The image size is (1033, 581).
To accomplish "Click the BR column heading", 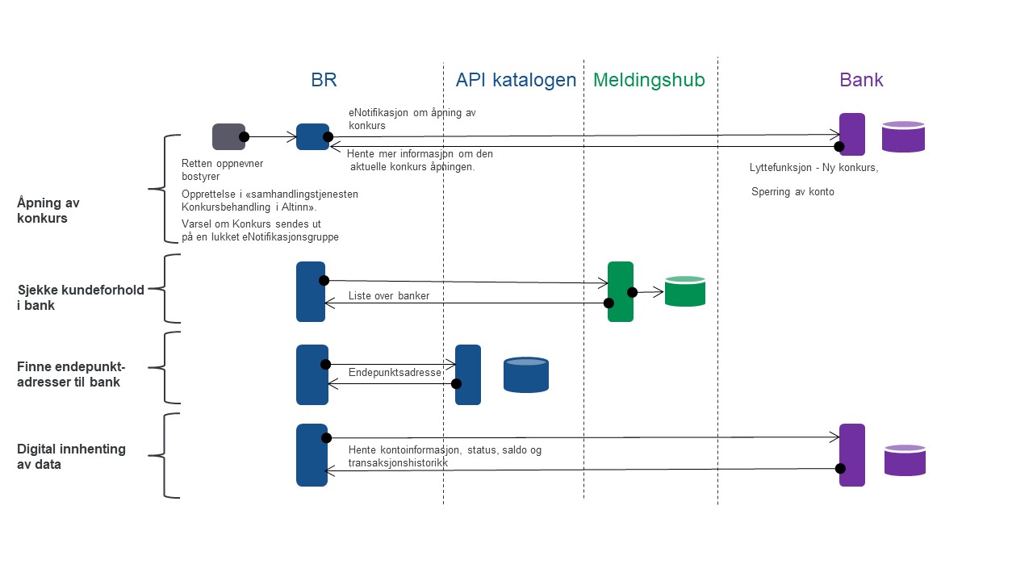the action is pyautogui.click(x=324, y=80).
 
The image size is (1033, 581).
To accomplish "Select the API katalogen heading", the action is pyautogui.click(x=516, y=80).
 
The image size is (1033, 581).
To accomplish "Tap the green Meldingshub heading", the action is pyautogui.click(x=649, y=80).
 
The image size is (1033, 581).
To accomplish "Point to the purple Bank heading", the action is pyautogui.click(x=861, y=80).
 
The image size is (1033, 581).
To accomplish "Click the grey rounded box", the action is pyautogui.click(x=228, y=136).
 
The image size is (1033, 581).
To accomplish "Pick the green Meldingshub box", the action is pyautogui.click(x=621, y=291).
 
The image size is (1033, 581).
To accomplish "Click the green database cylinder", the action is pyautogui.click(x=685, y=291).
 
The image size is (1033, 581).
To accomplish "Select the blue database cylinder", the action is pyautogui.click(x=525, y=375).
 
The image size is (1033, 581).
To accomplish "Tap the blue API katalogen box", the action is pyautogui.click(x=467, y=375).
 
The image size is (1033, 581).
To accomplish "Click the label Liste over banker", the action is pyautogui.click(x=389, y=295).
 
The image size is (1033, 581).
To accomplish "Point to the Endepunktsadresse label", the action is pyautogui.click(x=395, y=373).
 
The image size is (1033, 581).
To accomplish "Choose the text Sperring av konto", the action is pyautogui.click(x=793, y=192).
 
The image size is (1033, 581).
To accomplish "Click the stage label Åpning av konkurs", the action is pyautogui.click(x=48, y=211).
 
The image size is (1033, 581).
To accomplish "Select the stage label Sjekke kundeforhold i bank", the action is pyautogui.click(x=81, y=298).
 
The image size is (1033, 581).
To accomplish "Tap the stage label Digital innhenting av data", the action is pyautogui.click(x=71, y=457).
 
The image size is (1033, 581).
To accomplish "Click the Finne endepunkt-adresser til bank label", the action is pyautogui.click(x=71, y=374).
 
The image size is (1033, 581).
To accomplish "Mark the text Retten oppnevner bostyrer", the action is pyautogui.click(x=222, y=169).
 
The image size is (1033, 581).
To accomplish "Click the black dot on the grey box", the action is pyautogui.click(x=244, y=137).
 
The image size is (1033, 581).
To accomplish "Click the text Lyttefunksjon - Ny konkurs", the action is pyautogui.click(x=813, y=167).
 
